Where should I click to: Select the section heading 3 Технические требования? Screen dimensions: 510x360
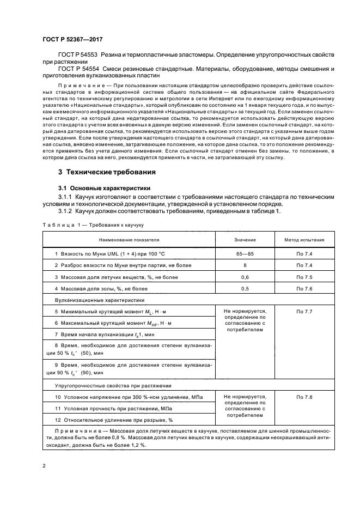tap(107, 172)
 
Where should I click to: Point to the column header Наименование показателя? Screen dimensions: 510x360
tap(129, 239)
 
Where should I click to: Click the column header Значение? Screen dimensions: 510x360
tap(243, 239)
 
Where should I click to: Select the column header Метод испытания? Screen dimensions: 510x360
tap(304, 239)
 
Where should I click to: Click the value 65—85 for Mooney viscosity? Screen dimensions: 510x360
tap(243, 254)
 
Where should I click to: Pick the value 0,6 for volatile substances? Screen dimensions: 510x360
tap(243, 277)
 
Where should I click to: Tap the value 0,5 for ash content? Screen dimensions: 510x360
tap(243, 288)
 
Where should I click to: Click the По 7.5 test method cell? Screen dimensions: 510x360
tap(304, 277)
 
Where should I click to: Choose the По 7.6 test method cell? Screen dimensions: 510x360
tap(304, 288)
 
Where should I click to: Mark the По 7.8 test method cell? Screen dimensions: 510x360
tap(304, 398)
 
